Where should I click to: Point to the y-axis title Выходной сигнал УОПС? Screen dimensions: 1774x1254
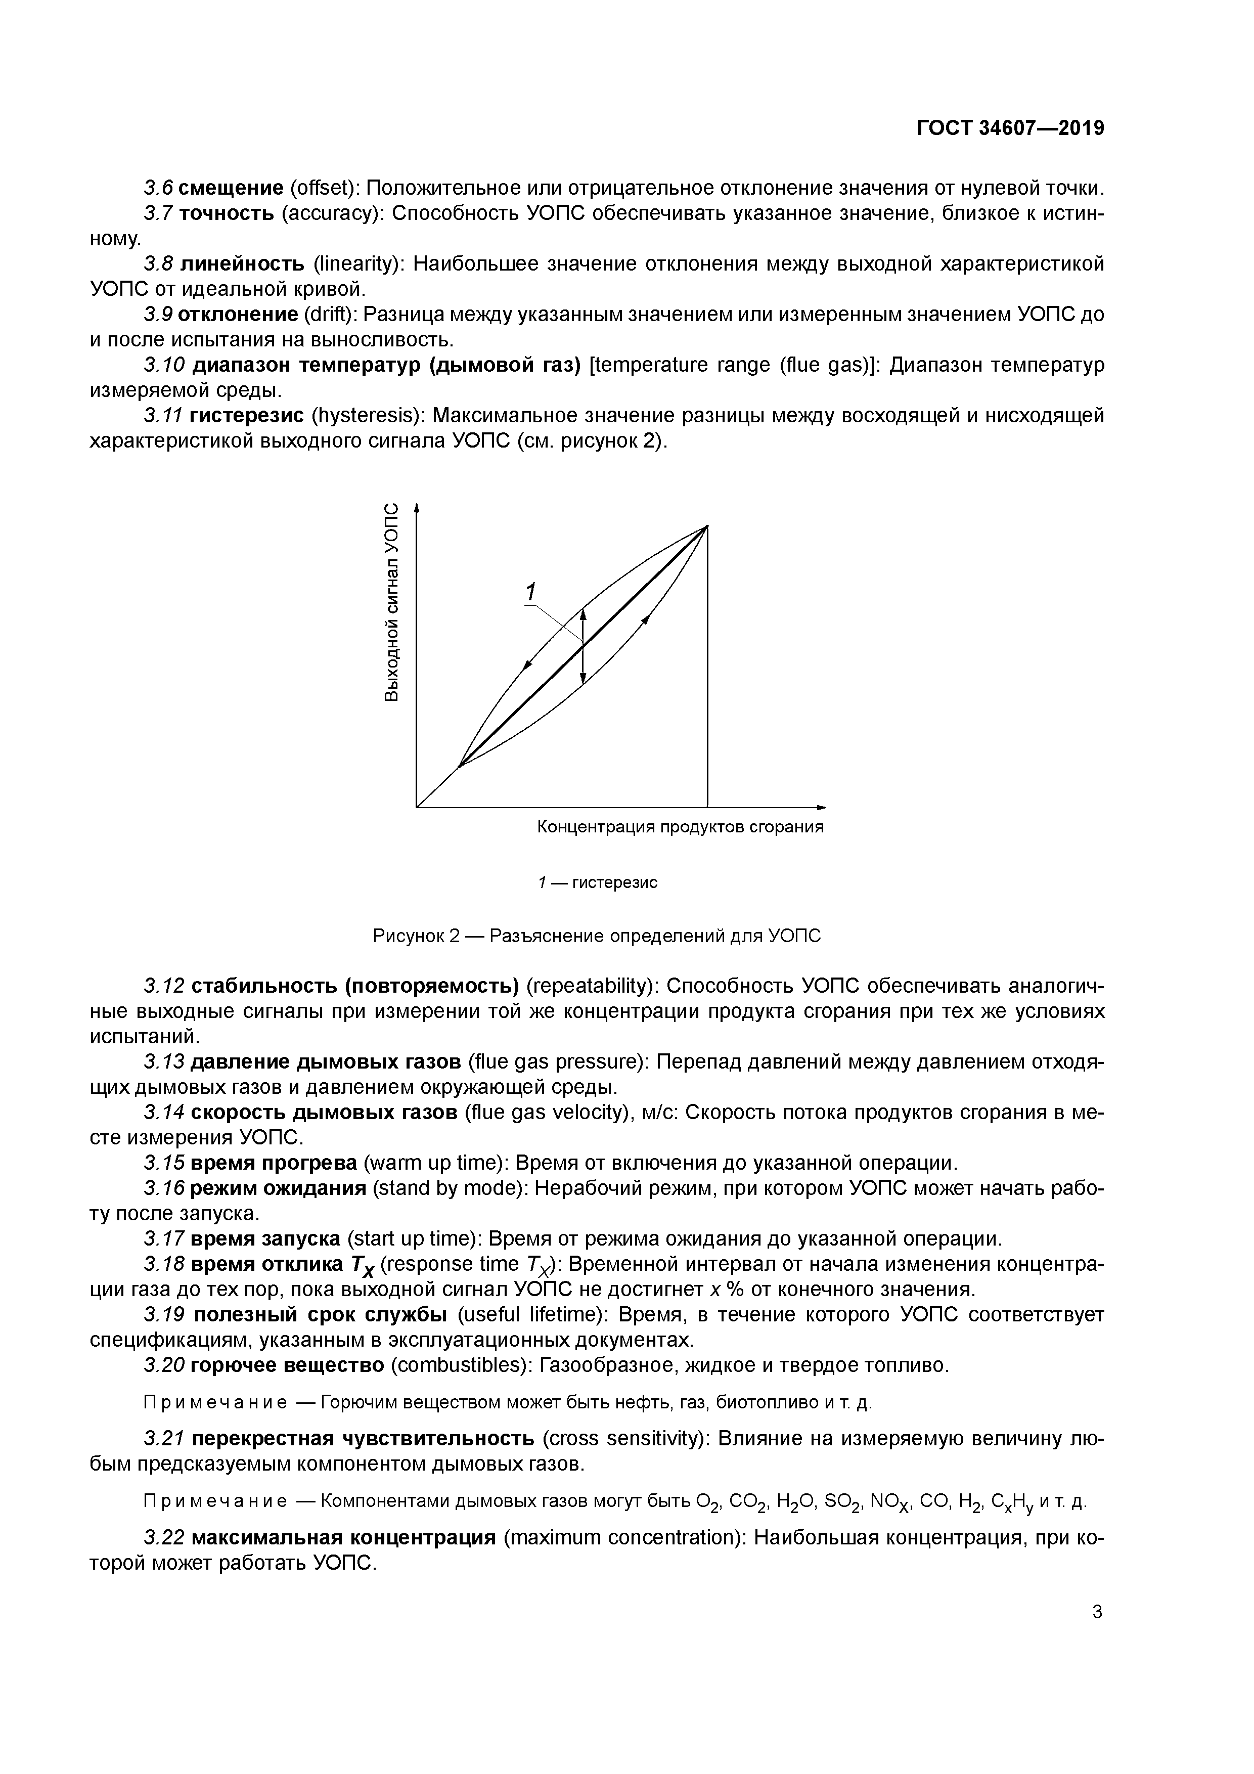(x=392, y=603)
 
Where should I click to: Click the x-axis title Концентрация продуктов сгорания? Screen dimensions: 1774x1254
(x=680, y=827)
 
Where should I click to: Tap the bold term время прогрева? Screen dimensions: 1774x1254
(x=274, y=1163)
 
